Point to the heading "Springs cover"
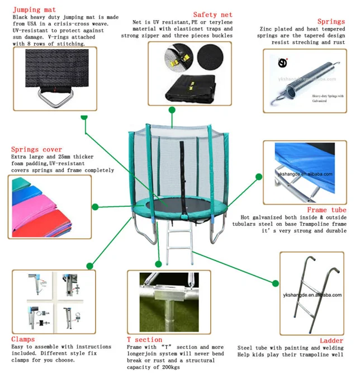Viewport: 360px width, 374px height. tap(37, 149)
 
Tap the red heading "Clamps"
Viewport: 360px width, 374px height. tap(23, 339)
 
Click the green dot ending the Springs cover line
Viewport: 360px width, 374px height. tap(94, 207)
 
